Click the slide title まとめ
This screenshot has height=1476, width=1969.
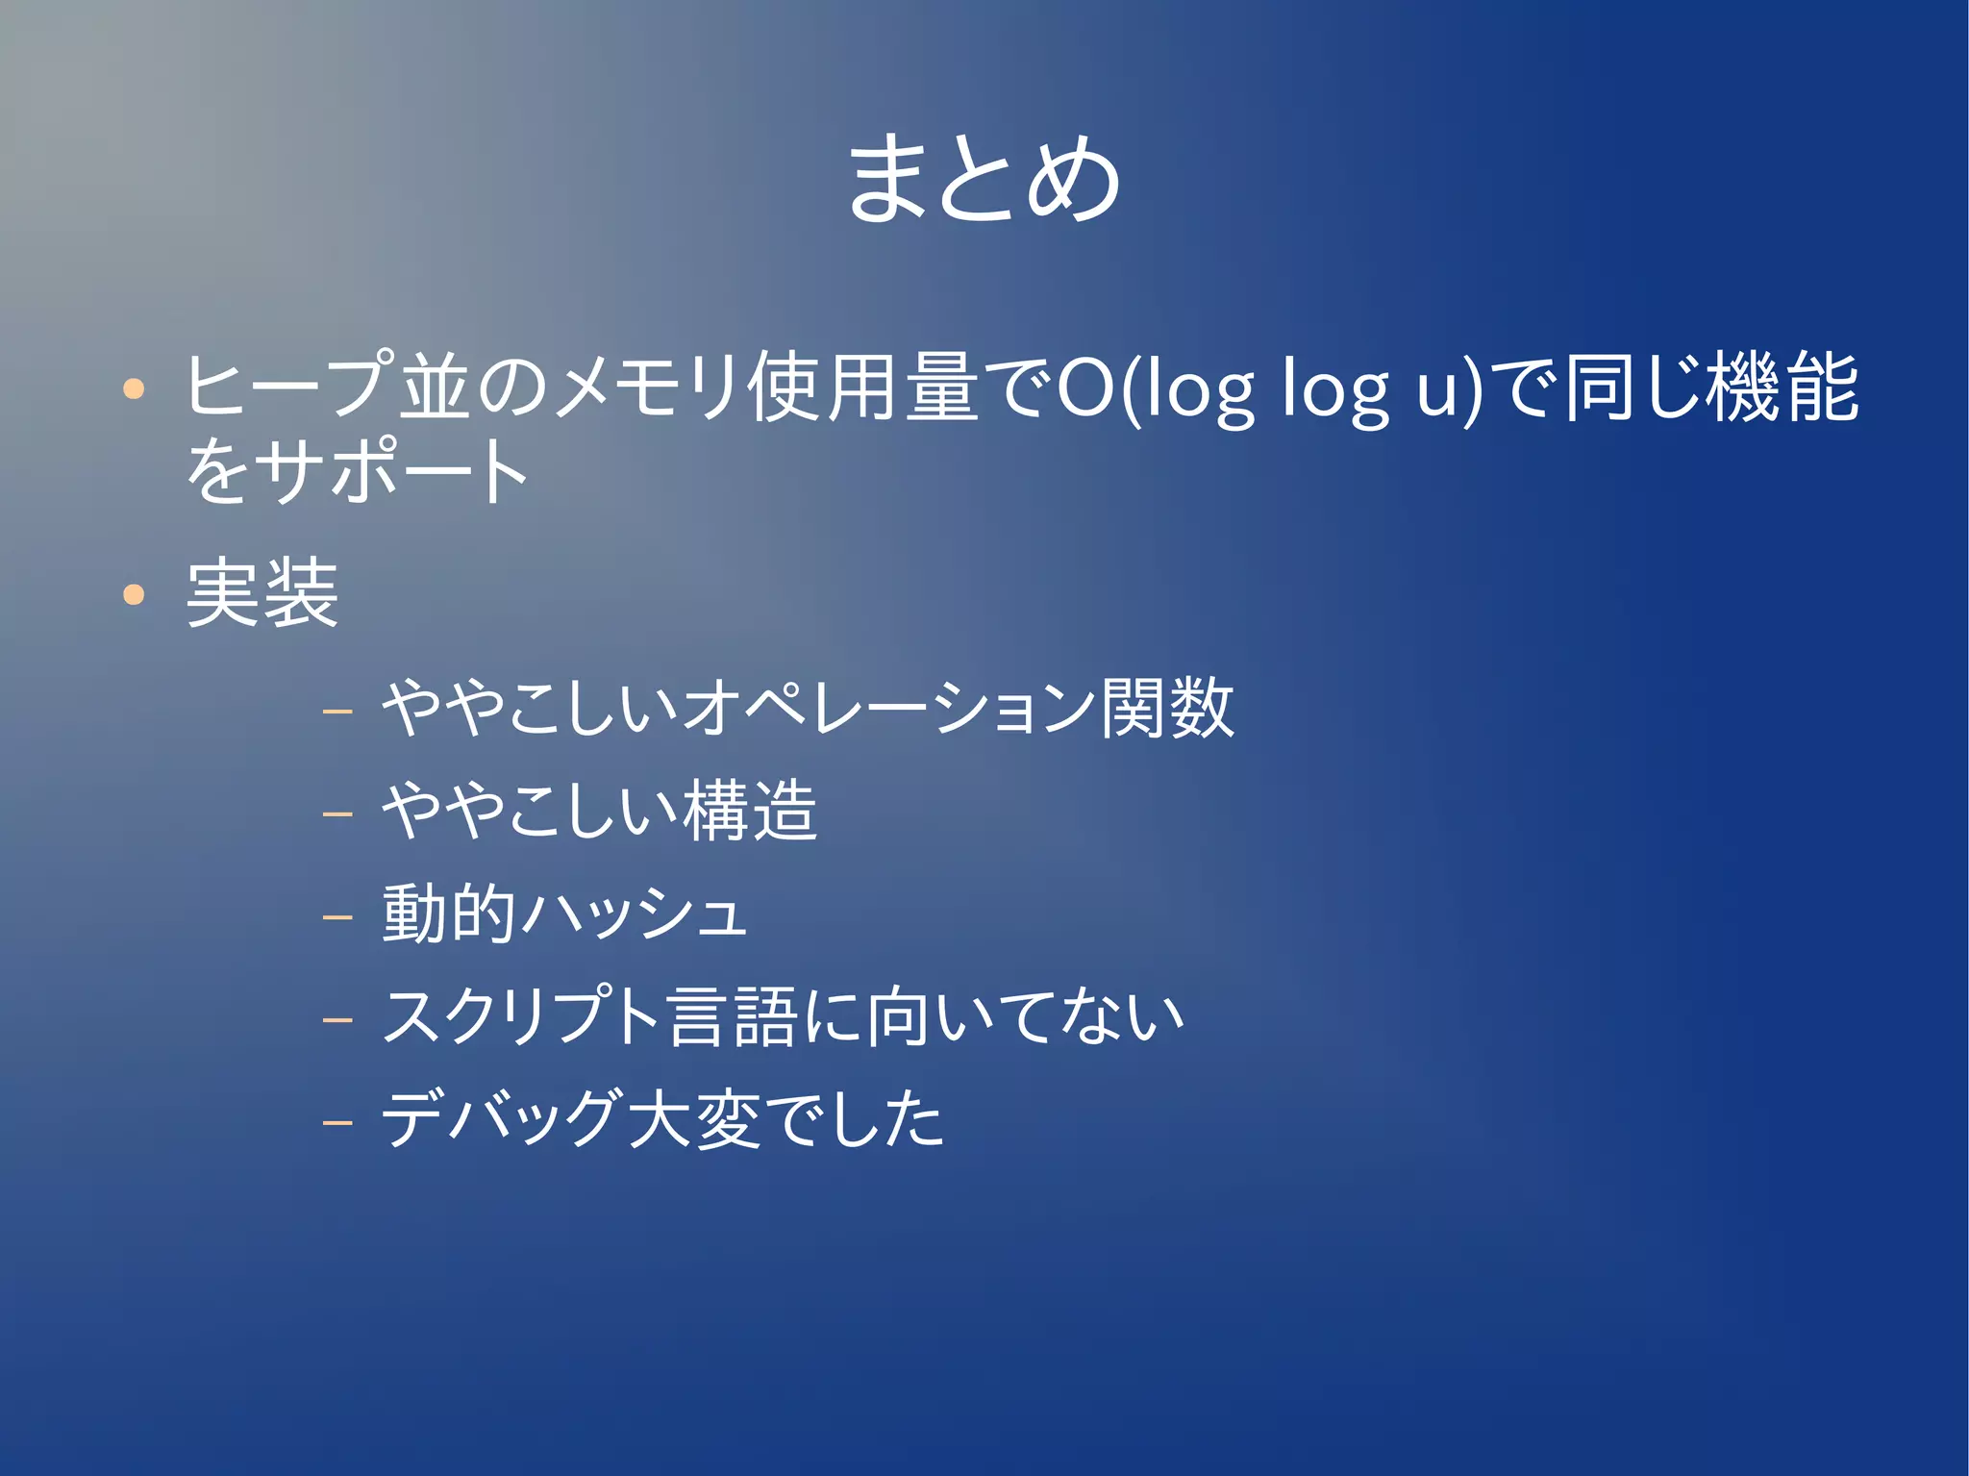(x=984, y=179)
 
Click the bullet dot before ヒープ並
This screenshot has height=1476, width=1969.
(x=134, y=389)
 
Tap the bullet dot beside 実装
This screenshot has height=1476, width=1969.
(x=134, y=594)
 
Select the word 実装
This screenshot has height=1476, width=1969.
(x=262, y=594)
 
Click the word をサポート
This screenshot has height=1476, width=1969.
(x=357, y=471)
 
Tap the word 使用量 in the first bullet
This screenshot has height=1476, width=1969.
(x=864, y=388)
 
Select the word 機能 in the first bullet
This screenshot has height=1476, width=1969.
(x=1782, y=388)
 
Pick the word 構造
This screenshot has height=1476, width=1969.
(x=750, y=811)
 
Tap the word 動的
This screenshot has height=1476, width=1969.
(x=448, y=913)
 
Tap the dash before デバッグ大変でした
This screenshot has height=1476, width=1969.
(x=338, y=1121)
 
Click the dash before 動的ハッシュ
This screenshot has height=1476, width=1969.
(x=338, y=916)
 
